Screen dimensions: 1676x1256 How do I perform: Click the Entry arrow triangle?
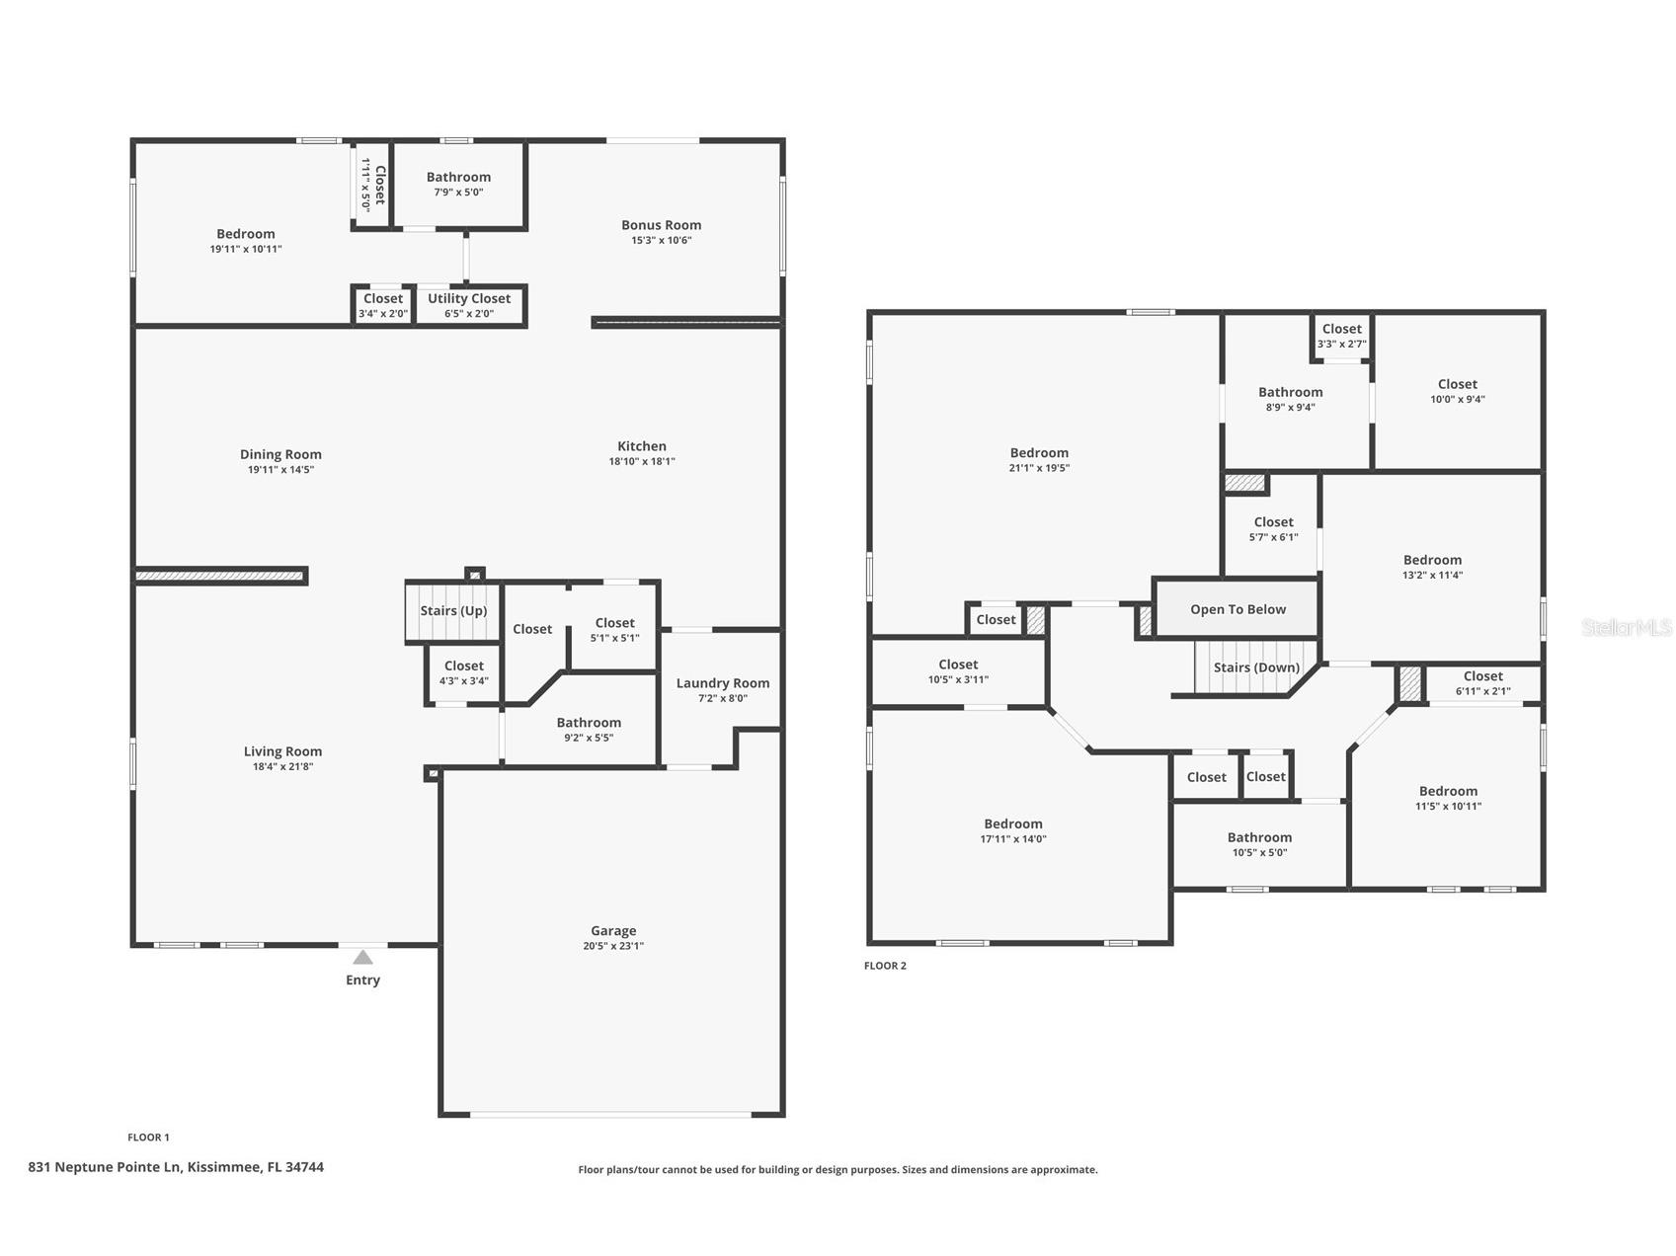[x=363, y=957]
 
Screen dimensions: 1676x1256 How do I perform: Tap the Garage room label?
[x=613, y=930]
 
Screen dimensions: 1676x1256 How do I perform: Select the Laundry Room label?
[x=723, y=682]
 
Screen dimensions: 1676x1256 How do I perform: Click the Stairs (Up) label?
[x=453, y=610]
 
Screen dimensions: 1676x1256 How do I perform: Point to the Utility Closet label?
[x=469, y=298]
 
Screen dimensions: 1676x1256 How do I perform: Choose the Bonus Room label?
[x=662, y=224]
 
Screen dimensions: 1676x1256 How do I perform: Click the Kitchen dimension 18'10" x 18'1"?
[x=642, y=461]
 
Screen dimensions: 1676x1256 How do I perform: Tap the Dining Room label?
[x=280, y=454]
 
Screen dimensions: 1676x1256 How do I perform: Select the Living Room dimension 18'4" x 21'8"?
[x=282, y=766]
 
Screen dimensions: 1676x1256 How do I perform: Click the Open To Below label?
[x=1238, y=609]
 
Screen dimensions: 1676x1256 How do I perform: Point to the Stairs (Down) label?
[x=1256, y=667]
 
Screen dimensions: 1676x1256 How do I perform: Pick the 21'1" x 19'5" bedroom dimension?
[x=1039, y=468]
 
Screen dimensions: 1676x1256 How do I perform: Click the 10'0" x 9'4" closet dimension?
[x=1458, y=399]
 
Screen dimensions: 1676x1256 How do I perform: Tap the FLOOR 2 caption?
[x=885, y=966]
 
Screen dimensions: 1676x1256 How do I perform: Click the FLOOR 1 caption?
[x=148, y=1138]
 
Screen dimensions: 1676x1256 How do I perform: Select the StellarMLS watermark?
[x=1627, y=627]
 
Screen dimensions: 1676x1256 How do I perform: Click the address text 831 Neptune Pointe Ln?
[x=105, y=1167]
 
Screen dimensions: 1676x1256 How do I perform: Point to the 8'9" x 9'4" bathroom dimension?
[x=1290, y=407]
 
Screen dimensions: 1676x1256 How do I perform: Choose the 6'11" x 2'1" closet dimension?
[x=1482, y=691]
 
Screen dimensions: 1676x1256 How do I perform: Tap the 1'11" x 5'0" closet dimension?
[x=365, y=185]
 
